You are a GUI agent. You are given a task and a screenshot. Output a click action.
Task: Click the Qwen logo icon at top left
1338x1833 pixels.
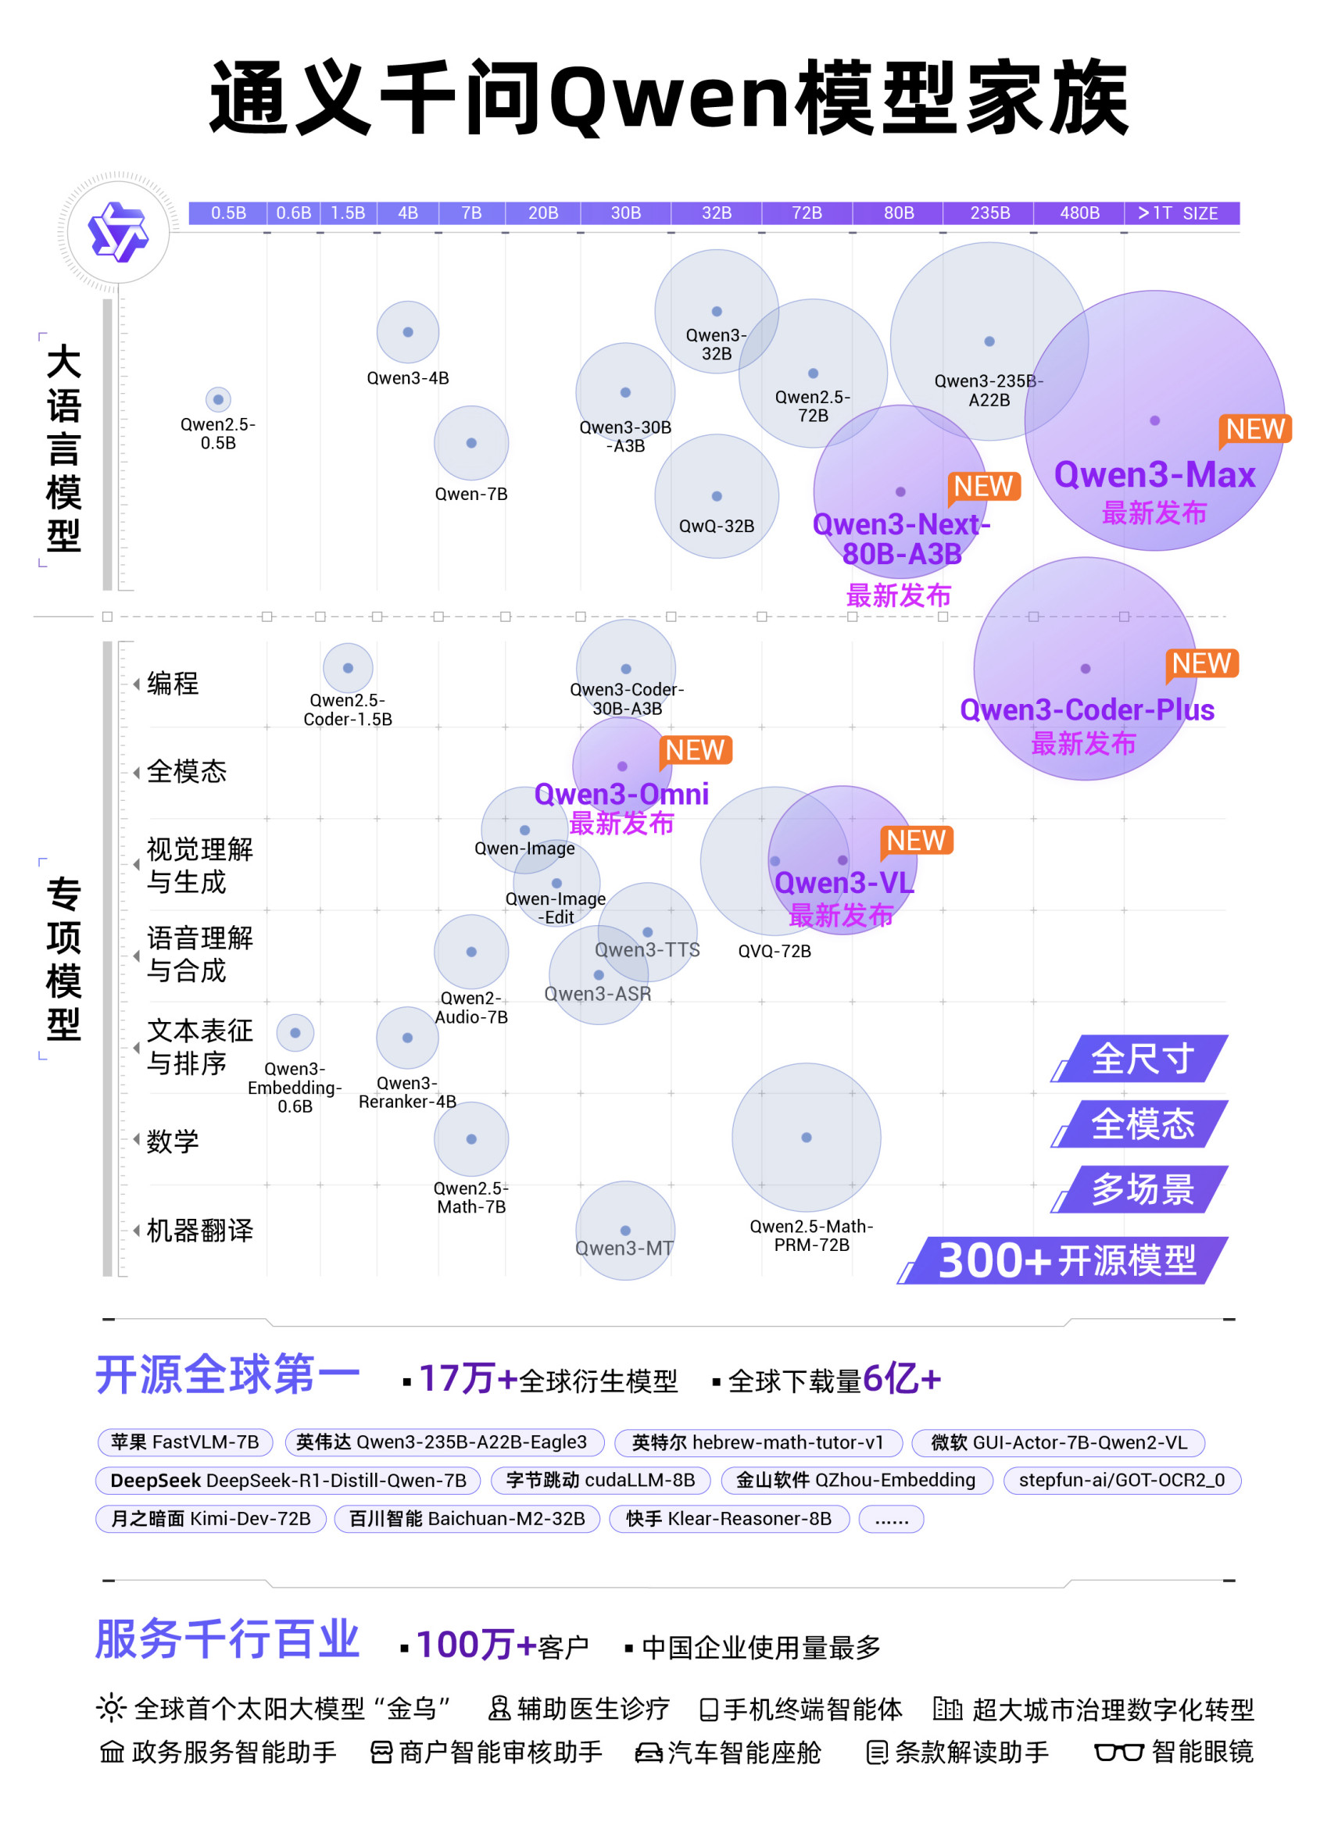point(118,231)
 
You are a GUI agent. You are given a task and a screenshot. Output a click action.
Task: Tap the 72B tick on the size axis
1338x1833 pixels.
point(806,213)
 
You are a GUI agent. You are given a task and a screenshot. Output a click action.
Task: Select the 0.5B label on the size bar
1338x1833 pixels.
point(228,213)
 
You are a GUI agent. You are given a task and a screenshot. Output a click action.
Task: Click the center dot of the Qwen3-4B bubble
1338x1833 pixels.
point(407,332)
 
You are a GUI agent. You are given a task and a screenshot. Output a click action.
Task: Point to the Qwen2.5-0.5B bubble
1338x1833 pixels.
point(218,399)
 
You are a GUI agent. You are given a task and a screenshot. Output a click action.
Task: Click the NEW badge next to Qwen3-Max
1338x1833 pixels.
point(1254,429)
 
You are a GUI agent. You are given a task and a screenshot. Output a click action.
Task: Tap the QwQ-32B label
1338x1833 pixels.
point(716,527)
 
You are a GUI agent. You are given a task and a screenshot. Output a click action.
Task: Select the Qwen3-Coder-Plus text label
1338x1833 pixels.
point(1086,710)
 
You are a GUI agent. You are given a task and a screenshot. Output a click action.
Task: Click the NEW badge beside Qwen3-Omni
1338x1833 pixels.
point(695,751)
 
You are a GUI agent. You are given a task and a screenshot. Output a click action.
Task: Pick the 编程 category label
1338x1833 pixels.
point(173,684)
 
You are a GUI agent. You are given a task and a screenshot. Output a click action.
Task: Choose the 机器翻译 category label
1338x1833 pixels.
point(199,1231)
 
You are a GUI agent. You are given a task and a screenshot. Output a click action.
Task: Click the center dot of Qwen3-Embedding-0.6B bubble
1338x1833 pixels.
point(295,1033)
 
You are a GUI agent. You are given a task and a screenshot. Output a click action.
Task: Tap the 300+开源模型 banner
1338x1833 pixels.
point(1066,1260)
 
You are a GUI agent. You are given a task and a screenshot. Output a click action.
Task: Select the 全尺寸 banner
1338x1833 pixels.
point(1141,1059)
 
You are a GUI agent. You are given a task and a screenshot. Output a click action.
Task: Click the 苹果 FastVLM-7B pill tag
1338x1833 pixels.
point(184,1442)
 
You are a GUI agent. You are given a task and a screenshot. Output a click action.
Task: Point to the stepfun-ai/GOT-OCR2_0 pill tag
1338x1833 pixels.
point(1121,1480)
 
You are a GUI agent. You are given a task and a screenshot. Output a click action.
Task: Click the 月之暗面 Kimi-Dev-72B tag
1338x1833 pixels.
point(210,1518)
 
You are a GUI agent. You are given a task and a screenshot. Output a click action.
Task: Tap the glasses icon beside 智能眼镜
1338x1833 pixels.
point(1118,1753)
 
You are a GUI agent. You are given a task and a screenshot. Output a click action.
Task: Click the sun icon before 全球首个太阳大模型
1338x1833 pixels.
point(111,1708)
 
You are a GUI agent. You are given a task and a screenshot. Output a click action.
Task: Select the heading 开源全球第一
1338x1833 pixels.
point(228,1376)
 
